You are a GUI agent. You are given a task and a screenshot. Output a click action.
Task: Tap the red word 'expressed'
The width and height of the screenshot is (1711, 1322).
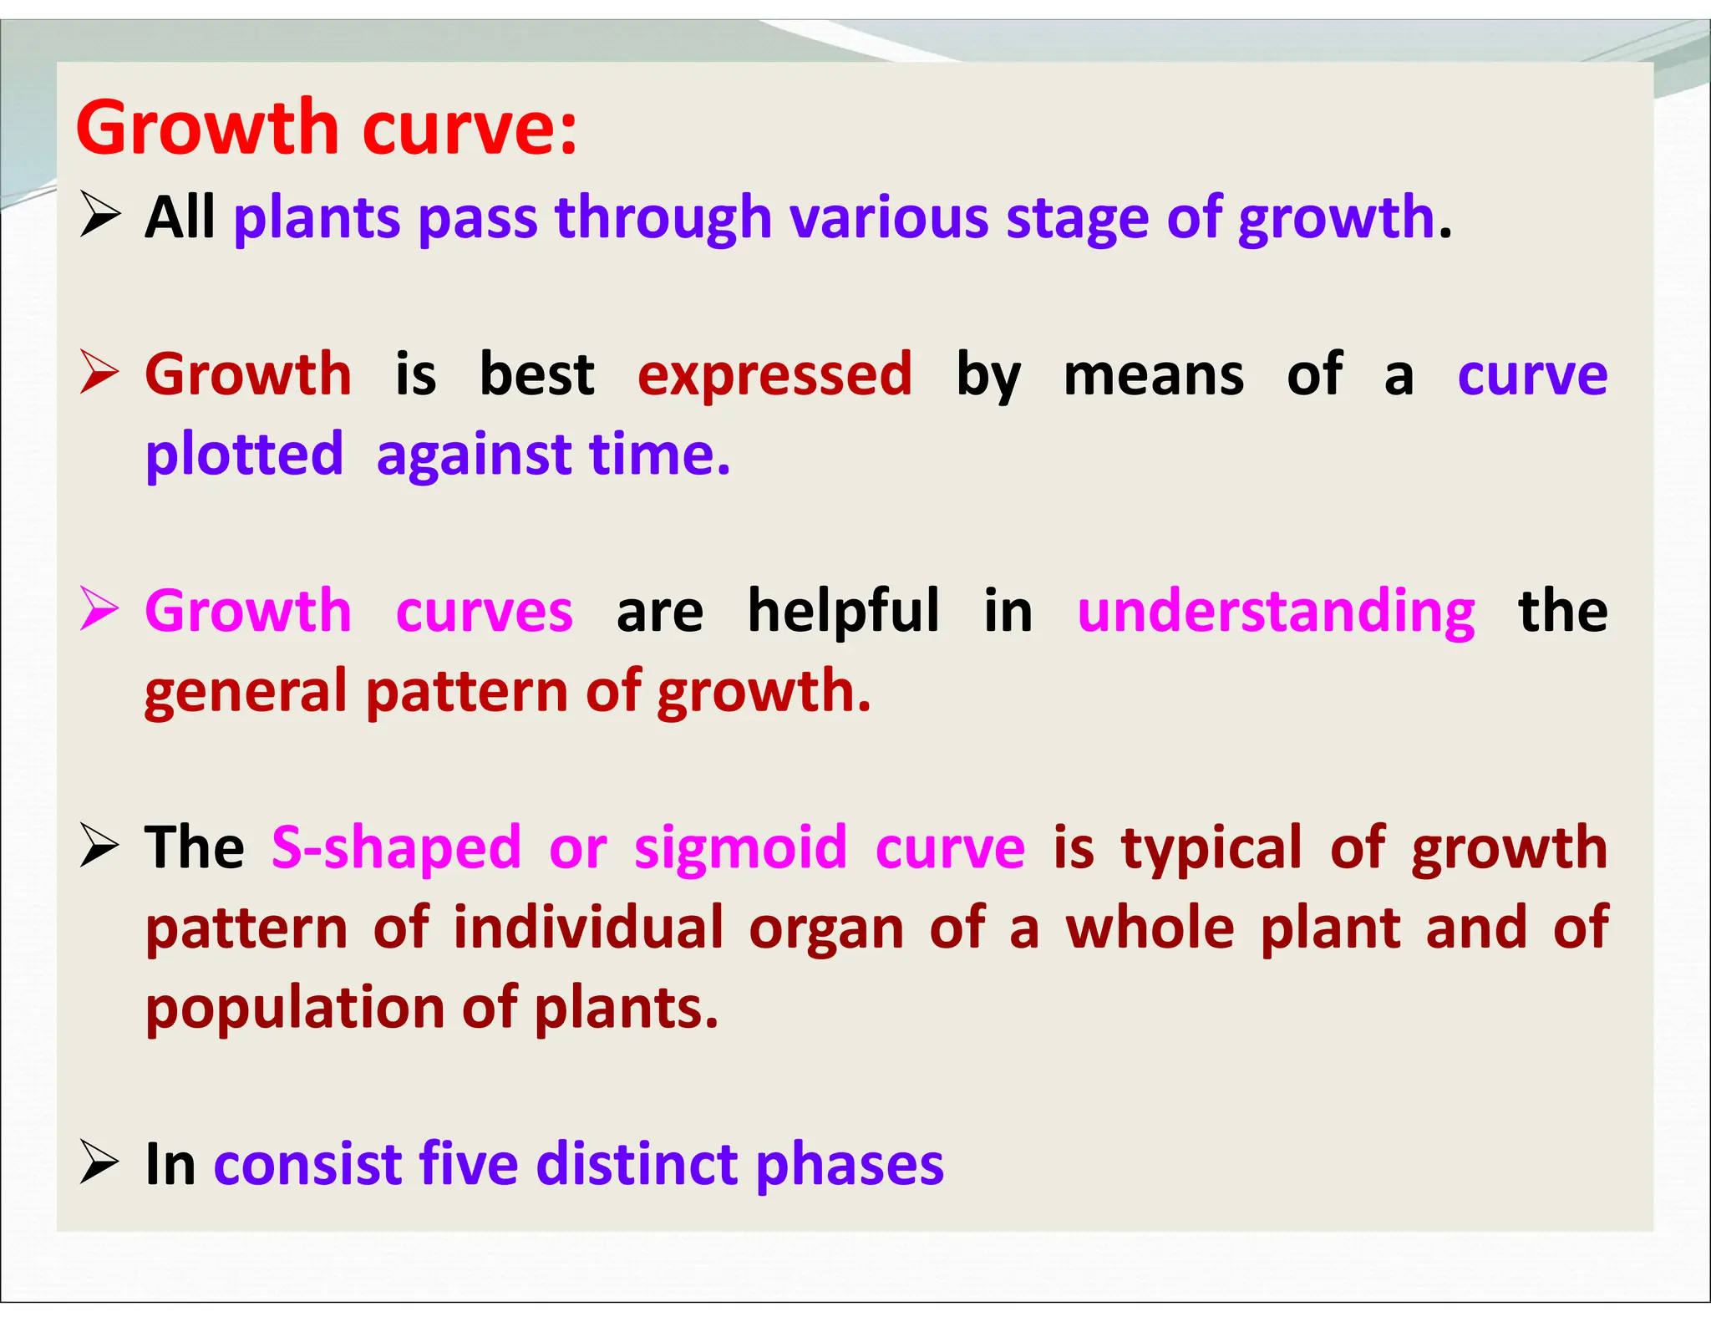point(774,375)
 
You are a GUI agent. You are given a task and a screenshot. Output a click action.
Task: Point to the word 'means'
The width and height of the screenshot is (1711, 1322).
point(1153,375)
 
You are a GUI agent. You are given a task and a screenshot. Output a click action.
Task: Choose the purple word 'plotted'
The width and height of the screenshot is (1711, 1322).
point(244,455)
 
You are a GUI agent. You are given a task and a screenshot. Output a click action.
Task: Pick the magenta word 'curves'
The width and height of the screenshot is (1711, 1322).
point(485,611)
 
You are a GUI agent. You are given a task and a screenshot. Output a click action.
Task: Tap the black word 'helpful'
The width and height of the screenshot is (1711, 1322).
point(844,611)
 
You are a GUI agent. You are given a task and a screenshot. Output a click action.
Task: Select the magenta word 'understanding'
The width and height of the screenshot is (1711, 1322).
point(1276,611)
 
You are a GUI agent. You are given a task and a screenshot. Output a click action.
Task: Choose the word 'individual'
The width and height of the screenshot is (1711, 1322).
point(588,928)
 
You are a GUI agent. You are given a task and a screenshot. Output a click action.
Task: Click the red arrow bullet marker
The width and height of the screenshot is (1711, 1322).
point(99,373)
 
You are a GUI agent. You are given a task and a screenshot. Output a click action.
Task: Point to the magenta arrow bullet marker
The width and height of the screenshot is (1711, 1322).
point(99,609)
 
